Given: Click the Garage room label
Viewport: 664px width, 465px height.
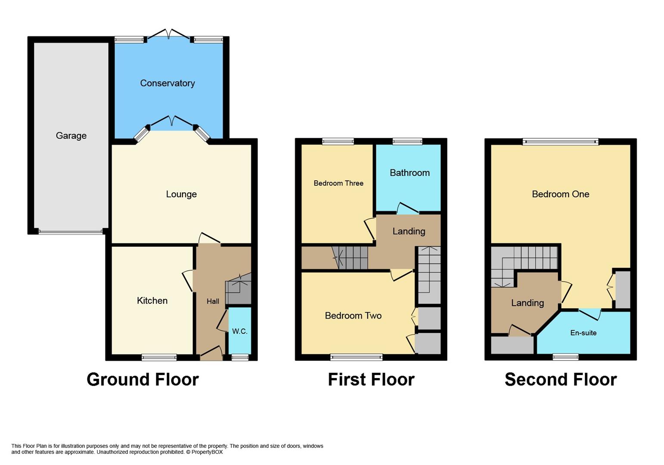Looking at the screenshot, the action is tap(71, 136).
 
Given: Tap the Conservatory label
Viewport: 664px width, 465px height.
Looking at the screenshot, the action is tap(168, 83).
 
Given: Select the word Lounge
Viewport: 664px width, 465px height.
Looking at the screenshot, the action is tap(181, 195).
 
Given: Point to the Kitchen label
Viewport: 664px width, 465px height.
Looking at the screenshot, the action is tap(152, 301).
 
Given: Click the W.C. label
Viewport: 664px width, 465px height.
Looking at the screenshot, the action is tap(239, 332).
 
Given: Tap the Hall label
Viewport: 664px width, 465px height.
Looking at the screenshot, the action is tap(213, 301).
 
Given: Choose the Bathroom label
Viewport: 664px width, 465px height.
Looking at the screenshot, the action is tap(410, 173).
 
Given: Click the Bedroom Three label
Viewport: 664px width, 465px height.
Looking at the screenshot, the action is tap(338, 183).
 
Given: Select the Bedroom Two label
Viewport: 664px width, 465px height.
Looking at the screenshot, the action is tap(353, 316).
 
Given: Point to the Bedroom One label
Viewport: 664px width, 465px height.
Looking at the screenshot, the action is tap(561, 194).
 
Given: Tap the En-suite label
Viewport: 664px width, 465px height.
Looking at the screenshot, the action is tap(583, 333).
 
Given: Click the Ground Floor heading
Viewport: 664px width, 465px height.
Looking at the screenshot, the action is tap(143, 380).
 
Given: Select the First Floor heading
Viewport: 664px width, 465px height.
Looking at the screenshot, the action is tap(371, 380).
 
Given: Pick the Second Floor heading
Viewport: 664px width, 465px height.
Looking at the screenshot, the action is tap(561, 380).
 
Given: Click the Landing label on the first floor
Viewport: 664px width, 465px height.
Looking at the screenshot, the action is tap(409, 232).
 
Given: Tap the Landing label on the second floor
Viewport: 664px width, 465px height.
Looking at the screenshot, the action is tap(527, 303).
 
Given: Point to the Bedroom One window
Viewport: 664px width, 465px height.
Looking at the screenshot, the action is tap(561, 142).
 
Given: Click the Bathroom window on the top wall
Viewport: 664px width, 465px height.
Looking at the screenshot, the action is tap(408, 141).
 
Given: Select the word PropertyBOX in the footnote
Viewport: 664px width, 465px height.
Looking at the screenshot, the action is tap(207, 452).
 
